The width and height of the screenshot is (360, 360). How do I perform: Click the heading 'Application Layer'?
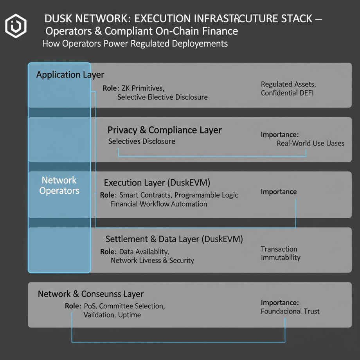70,74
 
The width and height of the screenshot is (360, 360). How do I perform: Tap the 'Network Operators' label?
59,185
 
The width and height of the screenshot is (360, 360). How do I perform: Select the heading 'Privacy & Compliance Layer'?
164,130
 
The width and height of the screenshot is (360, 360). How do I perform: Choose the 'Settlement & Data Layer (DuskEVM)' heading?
174,239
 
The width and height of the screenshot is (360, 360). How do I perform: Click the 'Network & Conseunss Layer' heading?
90,294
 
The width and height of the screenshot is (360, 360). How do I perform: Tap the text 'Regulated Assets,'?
288,84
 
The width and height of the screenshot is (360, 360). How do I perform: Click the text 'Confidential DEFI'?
287,93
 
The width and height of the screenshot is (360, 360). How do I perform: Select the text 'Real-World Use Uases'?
310,143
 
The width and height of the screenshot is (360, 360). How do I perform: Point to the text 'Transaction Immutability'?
281,253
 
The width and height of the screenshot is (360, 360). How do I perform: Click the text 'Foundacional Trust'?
290,311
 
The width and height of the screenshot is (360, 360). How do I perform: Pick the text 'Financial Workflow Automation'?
158,204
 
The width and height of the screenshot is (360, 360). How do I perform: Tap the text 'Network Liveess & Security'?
152,260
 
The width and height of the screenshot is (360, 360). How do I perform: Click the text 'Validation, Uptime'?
112,315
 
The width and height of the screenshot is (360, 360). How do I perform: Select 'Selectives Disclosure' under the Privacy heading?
142,141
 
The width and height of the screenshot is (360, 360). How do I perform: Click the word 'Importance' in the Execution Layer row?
279,192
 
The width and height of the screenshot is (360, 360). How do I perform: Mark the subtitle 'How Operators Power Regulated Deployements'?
135,43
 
